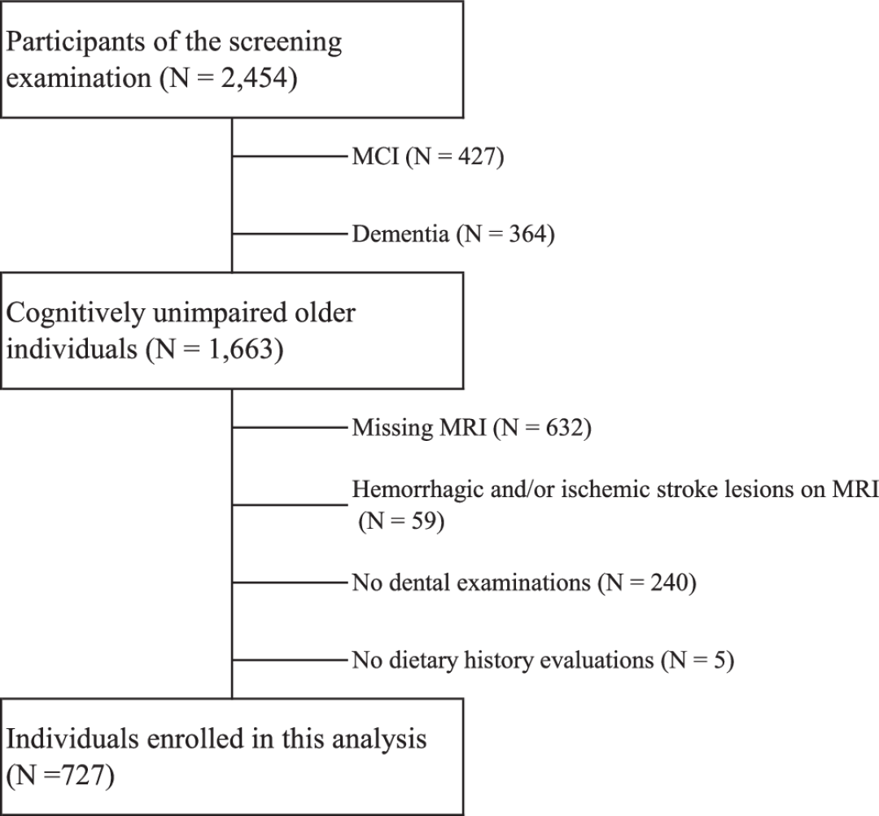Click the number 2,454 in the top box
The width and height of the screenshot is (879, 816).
pos(254,78)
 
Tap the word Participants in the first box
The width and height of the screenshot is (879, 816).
pos(76,42)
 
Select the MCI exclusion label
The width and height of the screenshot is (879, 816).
pos(375,156)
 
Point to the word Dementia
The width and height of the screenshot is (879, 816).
pos(400,233)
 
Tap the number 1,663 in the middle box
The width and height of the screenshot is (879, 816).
pos(242,349)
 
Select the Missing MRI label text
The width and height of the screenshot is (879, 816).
pos(419,428)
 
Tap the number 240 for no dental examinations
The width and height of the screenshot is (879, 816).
pos(669,583)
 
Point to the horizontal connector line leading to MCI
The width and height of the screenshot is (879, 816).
pos(291,156)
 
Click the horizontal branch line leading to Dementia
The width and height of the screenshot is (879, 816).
pos(291,233)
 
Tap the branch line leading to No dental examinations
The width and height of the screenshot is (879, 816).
pos(291,583)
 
